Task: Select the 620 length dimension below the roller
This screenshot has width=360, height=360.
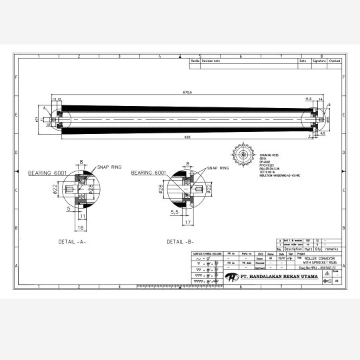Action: [x=187, y=137]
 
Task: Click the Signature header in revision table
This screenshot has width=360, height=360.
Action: [x=319, y=61]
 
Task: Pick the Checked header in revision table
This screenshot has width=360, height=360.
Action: [x=335, y=61]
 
